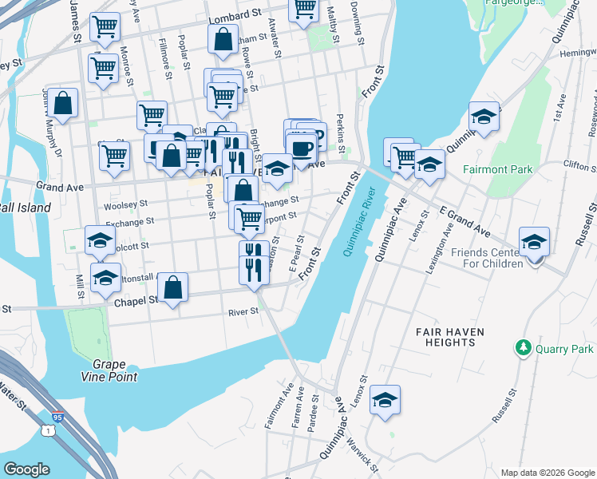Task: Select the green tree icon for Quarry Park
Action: point(524,348)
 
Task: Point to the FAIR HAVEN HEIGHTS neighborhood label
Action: point(445,336)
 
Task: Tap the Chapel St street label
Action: point(134,300)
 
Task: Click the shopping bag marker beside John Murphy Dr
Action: point(63,103)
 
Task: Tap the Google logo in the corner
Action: point(26,469)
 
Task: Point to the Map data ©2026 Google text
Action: point(547,473)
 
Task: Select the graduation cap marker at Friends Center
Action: point(534,242)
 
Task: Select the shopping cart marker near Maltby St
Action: point(304,8)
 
